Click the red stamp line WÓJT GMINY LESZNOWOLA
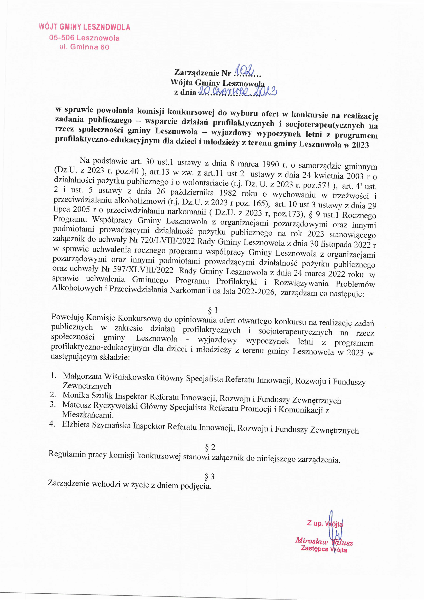pos(84,27)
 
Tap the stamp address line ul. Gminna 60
pos(84,47)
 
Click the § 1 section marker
pos(213,310)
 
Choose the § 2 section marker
pos(210,447)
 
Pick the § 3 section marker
pos(209,477)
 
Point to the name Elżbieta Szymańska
pos(96,425)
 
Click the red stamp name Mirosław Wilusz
pos(324,540)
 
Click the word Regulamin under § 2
pos(67,454)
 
